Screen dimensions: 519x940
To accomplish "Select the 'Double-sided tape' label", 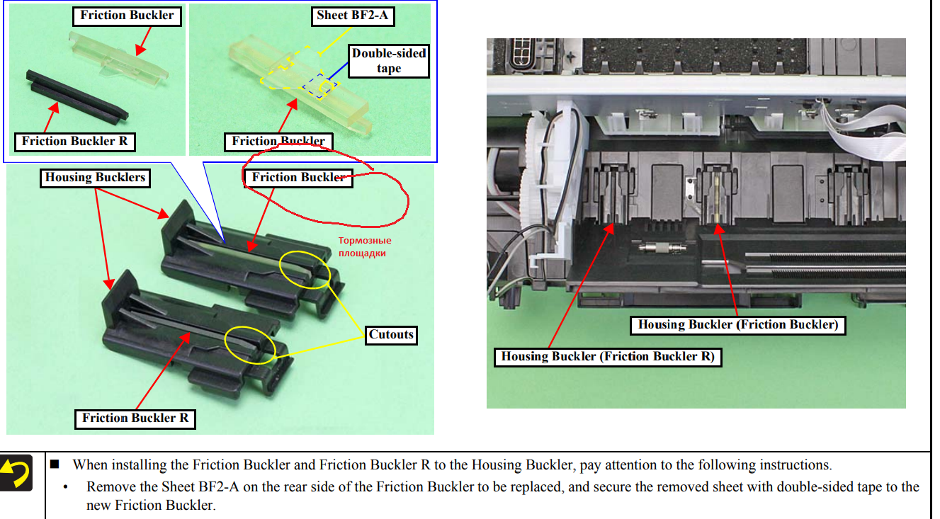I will tap(389, 61).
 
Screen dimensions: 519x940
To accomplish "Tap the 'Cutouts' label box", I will tap(391, 334).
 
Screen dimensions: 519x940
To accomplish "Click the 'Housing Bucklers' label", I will tap(96, 177).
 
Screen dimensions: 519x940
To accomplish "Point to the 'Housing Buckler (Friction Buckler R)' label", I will tap(607, 356).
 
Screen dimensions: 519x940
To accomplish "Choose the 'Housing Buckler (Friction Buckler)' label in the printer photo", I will tap(738, 325).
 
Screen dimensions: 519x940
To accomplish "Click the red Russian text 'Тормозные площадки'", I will tap(365, 246).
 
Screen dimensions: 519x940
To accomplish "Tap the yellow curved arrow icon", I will tap(18, 474).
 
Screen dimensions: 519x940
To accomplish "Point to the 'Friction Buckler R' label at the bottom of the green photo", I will tap(135, 418).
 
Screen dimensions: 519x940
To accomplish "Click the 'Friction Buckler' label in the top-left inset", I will tap(127, 16).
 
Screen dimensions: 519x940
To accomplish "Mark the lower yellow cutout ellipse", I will tap(249, 345).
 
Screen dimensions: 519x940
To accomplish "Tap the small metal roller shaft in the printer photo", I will tap(660, 250).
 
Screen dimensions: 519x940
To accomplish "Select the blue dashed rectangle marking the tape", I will tap(317, 85).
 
